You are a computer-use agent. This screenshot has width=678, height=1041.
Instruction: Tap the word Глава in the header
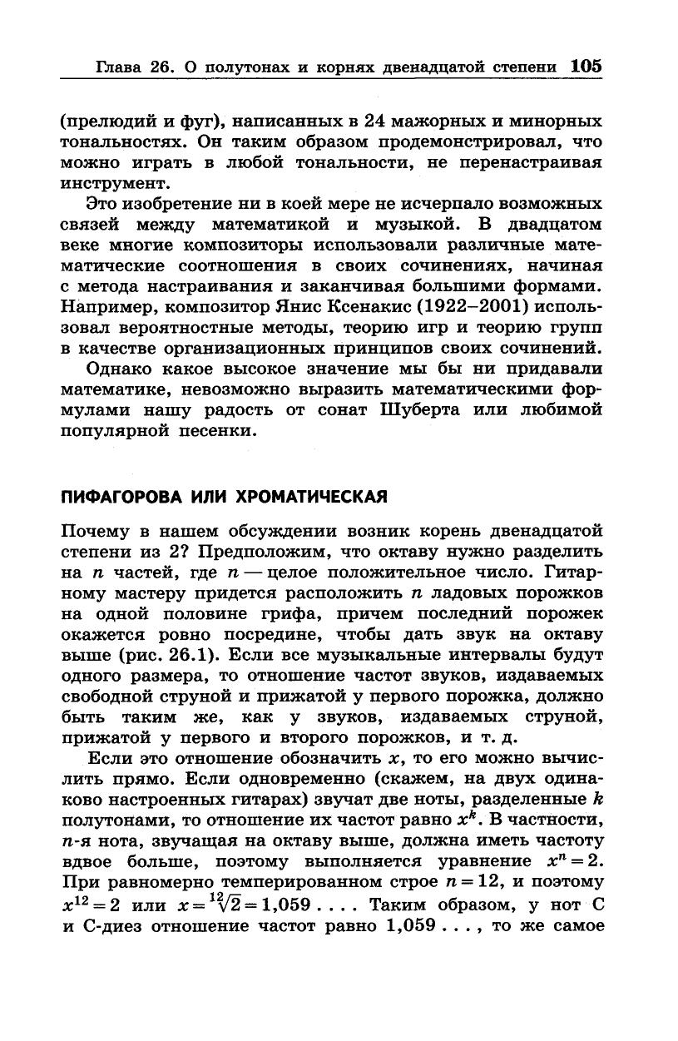tap(121, 67)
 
